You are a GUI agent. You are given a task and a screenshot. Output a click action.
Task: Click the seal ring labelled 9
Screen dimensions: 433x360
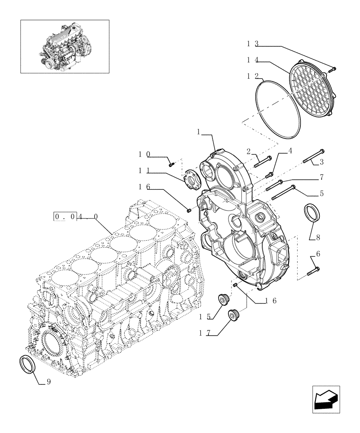click(29, 363)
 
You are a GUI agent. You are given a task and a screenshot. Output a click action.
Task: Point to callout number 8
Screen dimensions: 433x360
click(318, 237)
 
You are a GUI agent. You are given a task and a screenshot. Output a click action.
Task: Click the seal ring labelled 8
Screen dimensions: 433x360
click(313, 214)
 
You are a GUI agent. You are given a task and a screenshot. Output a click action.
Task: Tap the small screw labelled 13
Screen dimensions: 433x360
click(332, 68)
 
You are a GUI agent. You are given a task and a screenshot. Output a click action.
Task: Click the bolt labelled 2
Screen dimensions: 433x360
click(263, 161)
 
